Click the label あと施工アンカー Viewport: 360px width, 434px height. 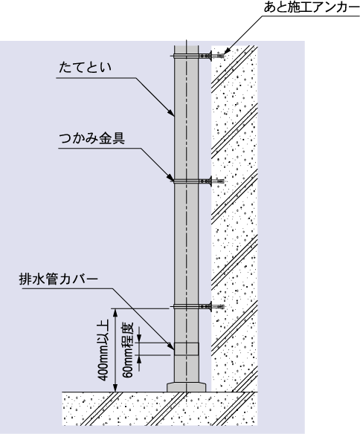[311, 7]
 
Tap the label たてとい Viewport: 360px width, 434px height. [85, 68]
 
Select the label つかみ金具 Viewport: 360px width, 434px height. [92, 139]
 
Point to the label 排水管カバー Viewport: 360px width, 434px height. [59, 279]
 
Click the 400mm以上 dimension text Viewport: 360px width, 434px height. [104, 351]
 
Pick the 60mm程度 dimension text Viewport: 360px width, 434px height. [129, 349]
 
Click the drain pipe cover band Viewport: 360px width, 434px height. [187, 349]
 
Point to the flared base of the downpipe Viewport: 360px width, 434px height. [187, 387]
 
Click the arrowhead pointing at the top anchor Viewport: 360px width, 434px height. [226, 51]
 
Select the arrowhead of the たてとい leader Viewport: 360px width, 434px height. [171, 111]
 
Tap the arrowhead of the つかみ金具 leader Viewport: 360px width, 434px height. [170, 177]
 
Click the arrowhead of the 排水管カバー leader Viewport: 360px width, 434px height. [171, 346]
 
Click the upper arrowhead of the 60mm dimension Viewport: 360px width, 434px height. [139, 339]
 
